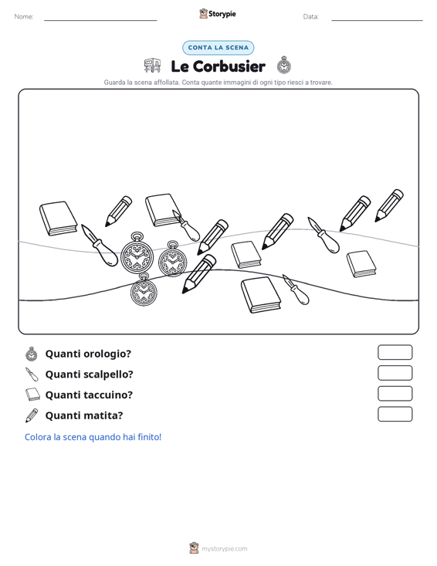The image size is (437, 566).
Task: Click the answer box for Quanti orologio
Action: pos(395,352)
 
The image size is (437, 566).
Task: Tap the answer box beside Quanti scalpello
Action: pos(395,373)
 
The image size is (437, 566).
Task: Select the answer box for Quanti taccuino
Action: pos(395,394)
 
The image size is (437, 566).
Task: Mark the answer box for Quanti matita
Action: pos(395,414)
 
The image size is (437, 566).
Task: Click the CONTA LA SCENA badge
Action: pos(218,48)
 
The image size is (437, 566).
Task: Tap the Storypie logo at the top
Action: pos(218,14)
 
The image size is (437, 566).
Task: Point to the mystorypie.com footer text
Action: pos(224,549)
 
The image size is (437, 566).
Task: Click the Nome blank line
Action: pos(100,20)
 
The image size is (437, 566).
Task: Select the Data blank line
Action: pos(377,20)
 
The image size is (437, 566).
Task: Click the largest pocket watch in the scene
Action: pos(137,253)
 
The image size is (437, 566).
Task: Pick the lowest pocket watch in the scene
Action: pos(144,290)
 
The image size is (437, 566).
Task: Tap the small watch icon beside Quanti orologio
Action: pos(32,354)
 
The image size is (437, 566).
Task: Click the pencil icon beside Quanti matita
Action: pos(32,415)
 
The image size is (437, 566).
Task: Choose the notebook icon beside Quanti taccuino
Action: pos(32,395)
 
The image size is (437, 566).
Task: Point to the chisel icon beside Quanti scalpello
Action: pos(32,375)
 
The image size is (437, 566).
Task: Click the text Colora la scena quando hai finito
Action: pos(93,437)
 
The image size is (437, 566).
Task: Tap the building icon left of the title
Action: pos(152,66)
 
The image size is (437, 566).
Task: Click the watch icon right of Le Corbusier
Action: pos(284,65)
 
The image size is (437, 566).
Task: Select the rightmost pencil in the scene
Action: pos(389,205)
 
